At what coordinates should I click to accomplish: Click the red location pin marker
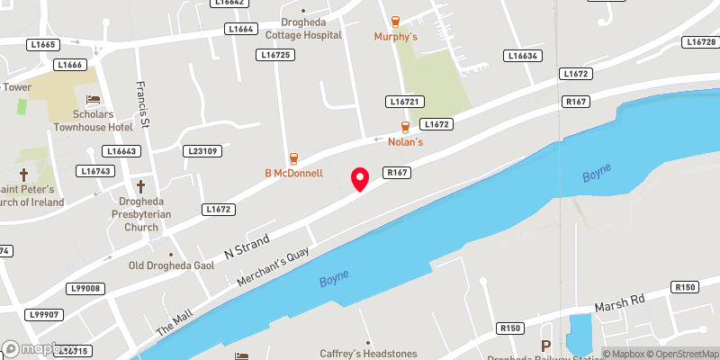(x=360, y=178)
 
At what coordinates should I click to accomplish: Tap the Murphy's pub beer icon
(x=395, y=22)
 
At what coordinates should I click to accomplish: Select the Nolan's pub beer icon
(x=405, y=128)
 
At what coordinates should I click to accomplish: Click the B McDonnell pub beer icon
(x=293, y=158)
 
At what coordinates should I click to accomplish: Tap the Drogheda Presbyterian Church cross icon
(x=141, y=186)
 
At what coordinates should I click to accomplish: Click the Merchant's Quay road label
(x=273, y=266)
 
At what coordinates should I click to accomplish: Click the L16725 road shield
(x=276, y=55)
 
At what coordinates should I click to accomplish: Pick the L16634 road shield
(x=523, y=56)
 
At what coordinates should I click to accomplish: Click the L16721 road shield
(x=406, y=102)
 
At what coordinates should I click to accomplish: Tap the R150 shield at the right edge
(x=684, y=287)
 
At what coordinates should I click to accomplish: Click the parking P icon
(x=545, y=346)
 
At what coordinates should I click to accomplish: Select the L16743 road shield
(x=94, y=171)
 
